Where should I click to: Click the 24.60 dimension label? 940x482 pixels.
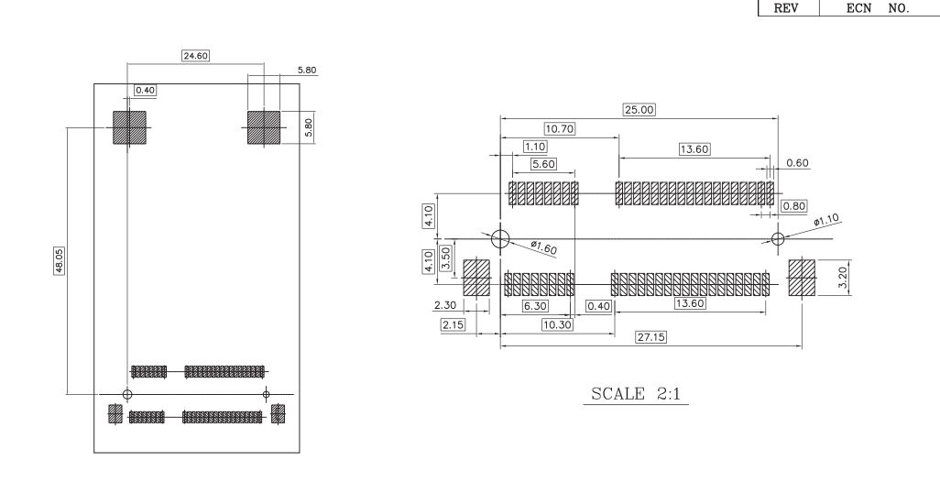pyautogui.click(x=195, y=56)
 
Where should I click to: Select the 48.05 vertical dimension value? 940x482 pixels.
pyautogui.click(x=60, y=261)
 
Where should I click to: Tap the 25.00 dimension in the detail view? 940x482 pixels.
pyautogui.click(x=639, y=110)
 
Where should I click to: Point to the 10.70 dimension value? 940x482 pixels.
pyautogui.click(x=560, y=128)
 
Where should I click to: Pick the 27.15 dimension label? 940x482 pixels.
pyautogui.click(x=650, y=337)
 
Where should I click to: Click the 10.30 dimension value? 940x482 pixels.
pyautogui.click(x=557, y=324)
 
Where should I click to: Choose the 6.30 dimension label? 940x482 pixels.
pyautogui.click(x=535, y=306)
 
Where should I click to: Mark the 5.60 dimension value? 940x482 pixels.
pyautogui.click(x=543, y=164)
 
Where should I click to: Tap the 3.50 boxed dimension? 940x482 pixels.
pyautogui.click(x=445, y=257)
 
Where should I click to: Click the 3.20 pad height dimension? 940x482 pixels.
pyautogui.click(x=842, y=278)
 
